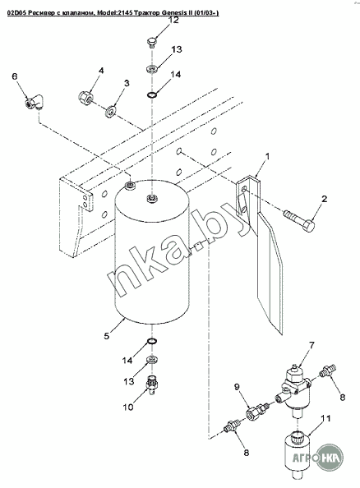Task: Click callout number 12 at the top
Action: (174, 21)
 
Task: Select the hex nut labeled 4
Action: (85, 98)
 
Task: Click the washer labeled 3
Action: (111, 111)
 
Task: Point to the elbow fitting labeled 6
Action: (34, 103)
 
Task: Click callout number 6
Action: (15, 76)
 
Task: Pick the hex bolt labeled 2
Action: (300, 222)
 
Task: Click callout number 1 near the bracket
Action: (267, 156)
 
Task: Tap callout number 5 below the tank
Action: (107, 336)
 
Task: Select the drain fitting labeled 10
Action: (153, 386)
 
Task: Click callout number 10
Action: (128, 407)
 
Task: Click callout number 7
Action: (312, 345)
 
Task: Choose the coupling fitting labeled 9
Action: (257, 411)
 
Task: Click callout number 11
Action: (325, 418)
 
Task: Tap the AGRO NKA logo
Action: (317, 457)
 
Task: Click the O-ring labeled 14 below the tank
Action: (152, 342)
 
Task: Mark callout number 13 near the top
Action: (176, 49)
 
